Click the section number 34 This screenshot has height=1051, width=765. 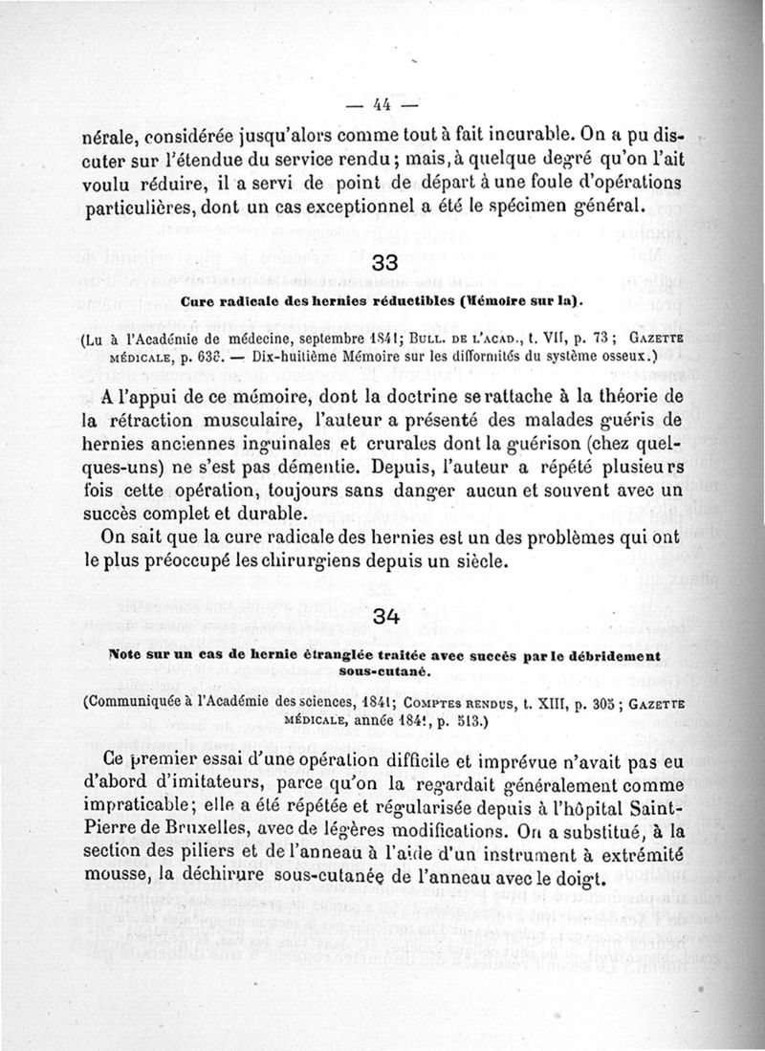[385, 617]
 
